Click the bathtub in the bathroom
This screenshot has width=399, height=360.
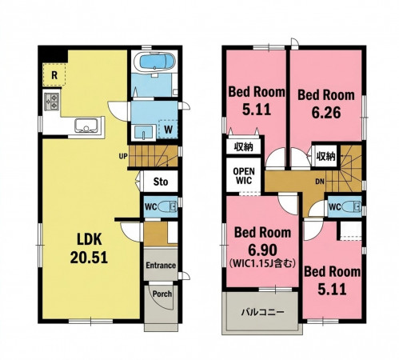pyautogui.click(x=154, y=62)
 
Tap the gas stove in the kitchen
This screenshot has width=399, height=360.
pyautogui.click(x=51, y=102)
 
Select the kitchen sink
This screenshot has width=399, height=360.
pyautogui.click(x=86, y=126)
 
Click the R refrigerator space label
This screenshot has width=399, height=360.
pyautogui.click(x=54, y=75)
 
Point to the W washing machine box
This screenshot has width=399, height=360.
pyautogui.click(x=168, y=130)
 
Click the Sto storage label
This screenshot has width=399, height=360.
pyautogui.click(x=161, y=182)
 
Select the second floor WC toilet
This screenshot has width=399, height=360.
pyautogui.click(x=352, y=206)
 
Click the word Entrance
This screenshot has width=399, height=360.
pyautogui.click(x=161, y=266)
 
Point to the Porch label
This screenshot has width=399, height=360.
pyautogui.click(x=162, y=294)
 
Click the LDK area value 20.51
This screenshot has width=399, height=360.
pyautogui.click(x=89, y=258)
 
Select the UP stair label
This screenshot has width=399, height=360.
pyautogui.click(x=123, y=156)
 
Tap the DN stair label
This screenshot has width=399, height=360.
pyautogui.click(x=320, y=182)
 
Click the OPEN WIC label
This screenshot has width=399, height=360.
pyautogui.click(x=244, y=176)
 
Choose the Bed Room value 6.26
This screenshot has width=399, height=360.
pyautogui.click(x=326, y=113)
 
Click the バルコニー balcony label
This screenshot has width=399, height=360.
pyautogui.click(x=263, y=312)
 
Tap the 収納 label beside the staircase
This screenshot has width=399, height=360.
pyautogui.click(x=325, y=157)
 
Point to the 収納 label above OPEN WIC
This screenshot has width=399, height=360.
pyautogui.click(x=243, y=147)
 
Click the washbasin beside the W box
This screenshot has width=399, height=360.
pyautogui.click(x=144, y=132)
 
